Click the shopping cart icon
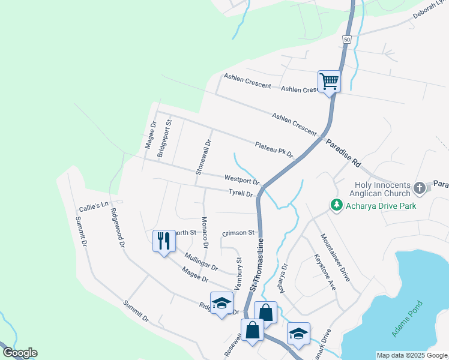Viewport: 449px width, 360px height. [x=329, y=81]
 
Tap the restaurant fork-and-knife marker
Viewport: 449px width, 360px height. [x=163, y=241]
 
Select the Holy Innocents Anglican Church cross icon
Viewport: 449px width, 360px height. [x=419, y=188]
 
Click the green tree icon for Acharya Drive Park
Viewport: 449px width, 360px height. [x=336, y=206]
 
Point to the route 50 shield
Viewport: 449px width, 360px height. [x=347, y=39]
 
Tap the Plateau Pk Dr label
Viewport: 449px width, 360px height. [x=274, y=149]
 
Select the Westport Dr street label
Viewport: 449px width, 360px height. [x=242, y=179]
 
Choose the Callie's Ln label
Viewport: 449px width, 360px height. [x=93, y=206]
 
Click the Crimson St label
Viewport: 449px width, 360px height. [x=239, y=232]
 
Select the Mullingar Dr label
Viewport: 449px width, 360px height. [x=201, y=262]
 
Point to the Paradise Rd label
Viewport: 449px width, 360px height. [x=343, y=154]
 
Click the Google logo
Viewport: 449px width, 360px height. [x=20, y=353]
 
